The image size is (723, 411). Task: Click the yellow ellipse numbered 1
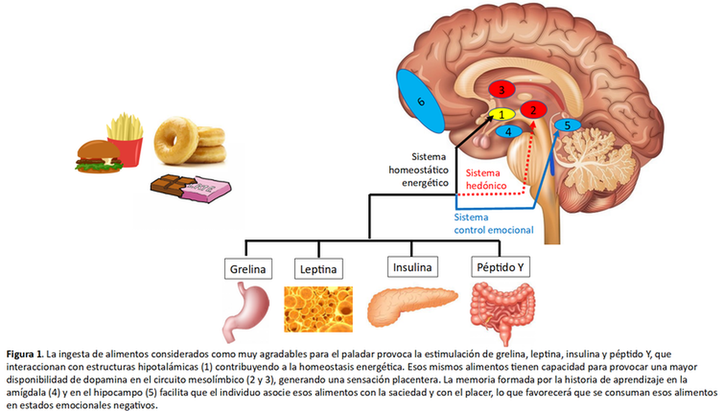click(x=501, y=115)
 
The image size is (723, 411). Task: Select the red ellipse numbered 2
click(x=533, y=110)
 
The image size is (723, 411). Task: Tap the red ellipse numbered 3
click(x=501, y=89)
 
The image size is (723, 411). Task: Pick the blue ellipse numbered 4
click(x=509, y=131)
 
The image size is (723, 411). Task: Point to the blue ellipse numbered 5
click(x=568, y=125)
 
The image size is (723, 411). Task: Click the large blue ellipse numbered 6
click(x=421, y=101)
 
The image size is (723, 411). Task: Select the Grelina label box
click(x=248, y=269)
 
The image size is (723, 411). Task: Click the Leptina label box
click(x=319, y=269)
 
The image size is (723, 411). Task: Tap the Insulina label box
click(x=413, y=267)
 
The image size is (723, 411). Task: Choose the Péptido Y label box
click(x=500, y=267)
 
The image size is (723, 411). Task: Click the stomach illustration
click(x=246, y=312)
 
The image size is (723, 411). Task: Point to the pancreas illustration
click(x=413, y=307)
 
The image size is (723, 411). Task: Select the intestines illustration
click(x=502, y=312)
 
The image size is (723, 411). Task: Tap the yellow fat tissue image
click(x=318, y=309)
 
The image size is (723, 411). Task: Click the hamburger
click(x=99, y=157)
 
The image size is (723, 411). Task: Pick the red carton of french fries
click(x=125, y=139)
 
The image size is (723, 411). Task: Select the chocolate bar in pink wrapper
click(x=191, y=188)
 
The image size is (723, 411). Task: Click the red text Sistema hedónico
click(x=486, y=180)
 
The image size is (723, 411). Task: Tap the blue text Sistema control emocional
click(x=493, y=224)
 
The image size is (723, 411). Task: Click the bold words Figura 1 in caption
click(x=25, y=354)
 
